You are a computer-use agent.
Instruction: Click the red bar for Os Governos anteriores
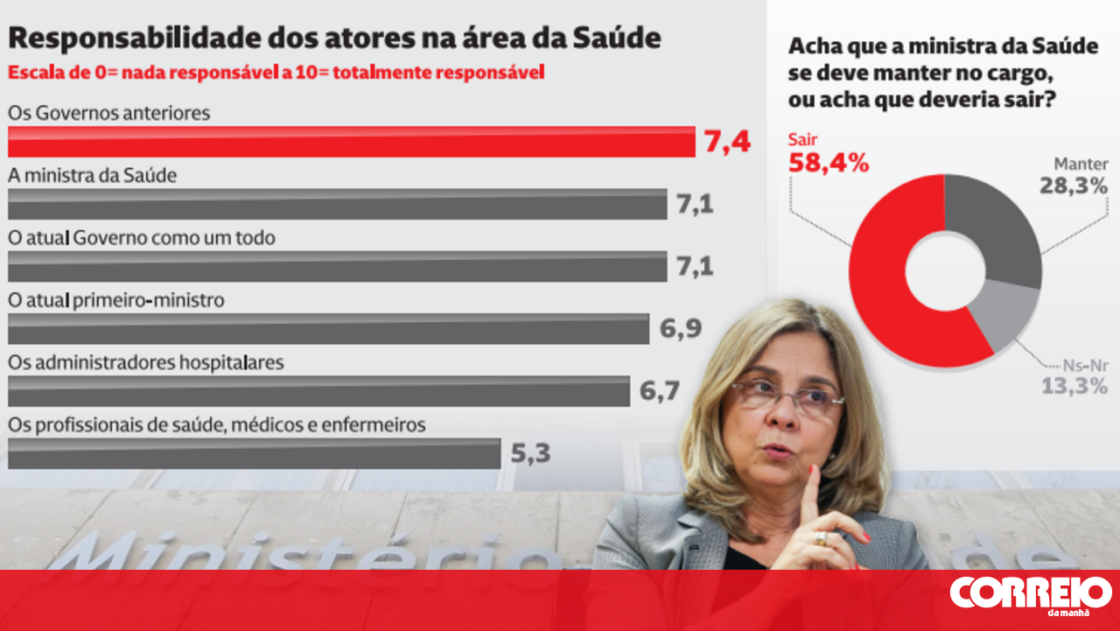coord(350,142)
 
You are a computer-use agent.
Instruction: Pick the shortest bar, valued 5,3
coord(254,453)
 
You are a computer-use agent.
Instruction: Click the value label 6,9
coord(682,329)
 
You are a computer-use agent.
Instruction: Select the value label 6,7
coord(660,391)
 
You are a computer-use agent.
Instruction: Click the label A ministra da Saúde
coord(93,175)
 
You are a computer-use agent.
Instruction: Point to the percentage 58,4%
coord(829,163)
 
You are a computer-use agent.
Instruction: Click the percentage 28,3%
coord(1074,185)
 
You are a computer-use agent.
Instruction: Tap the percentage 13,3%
coord(1074,386)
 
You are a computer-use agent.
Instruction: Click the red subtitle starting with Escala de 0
coord(276,73)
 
